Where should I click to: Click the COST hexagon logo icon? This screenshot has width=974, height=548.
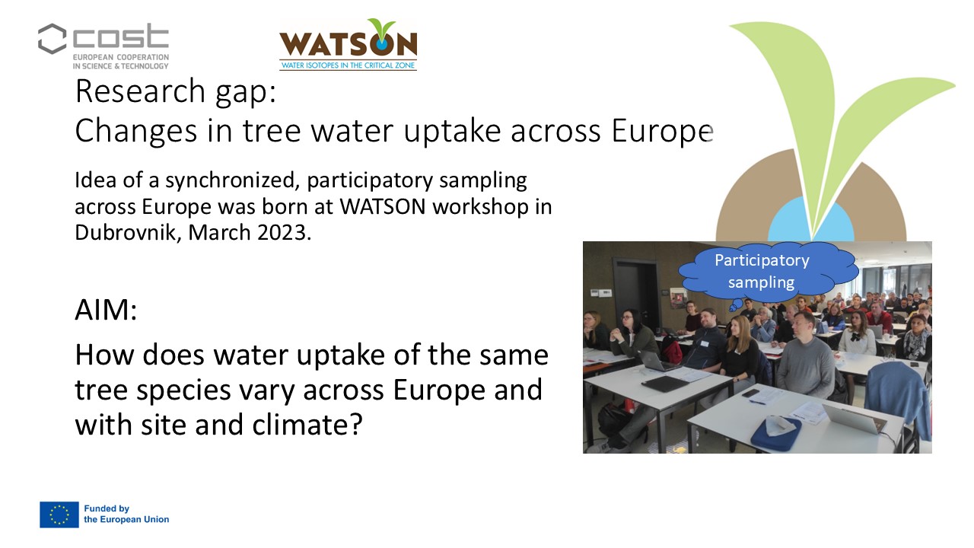click(x=53, y=39)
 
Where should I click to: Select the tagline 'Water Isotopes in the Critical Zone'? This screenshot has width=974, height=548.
click(x=348, y=65)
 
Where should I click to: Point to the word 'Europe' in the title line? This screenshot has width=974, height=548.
click(x=662, y=131)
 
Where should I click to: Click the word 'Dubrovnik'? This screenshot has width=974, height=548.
click(x=129, y=232)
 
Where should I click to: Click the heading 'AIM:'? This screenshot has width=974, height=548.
click(x=106, y=310)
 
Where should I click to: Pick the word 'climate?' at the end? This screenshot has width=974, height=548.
click(x=307, y=425)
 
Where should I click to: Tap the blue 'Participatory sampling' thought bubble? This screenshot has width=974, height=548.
click(x=769, y=272)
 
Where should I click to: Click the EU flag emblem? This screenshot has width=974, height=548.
click(x=59, y=515)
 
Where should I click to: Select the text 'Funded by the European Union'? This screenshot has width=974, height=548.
click(x=126, y=514)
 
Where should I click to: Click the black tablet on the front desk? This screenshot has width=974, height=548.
click(x=665, y=383)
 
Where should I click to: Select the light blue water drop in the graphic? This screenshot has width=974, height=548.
click(x=811, y=221)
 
